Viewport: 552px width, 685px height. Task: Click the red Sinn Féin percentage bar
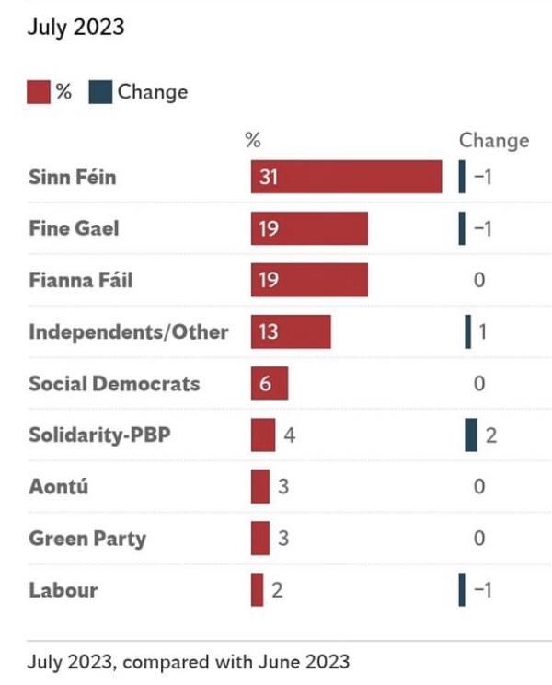point(346,177)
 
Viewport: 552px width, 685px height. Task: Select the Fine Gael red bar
point(309,228)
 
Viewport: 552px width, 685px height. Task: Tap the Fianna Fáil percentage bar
point(309,280)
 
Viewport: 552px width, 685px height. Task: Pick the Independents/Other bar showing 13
point(291,331)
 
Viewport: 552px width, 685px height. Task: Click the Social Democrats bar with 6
point(270,383)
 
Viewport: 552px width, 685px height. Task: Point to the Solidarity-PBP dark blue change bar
point(471,435)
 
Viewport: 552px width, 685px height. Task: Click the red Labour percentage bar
point(257,590)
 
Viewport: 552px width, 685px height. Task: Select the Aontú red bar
point(260,486)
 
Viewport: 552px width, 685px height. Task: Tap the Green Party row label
point(87,539)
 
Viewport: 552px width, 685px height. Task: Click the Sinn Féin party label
point(73,177)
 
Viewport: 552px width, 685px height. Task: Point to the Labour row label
point(63,590)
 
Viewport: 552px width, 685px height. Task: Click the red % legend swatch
point(39,92)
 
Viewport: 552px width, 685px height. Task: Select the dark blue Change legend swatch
point(100,92)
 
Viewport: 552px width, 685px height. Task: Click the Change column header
point(494,140)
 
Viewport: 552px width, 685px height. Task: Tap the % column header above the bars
point(253,140)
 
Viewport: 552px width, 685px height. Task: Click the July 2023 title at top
point(75,28)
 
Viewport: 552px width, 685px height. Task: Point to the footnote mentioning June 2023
point(189,661)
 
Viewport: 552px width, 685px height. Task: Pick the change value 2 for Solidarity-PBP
point(491,435)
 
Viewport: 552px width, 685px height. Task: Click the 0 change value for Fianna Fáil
point(479,280)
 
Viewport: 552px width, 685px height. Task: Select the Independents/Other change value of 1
point(482,331)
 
